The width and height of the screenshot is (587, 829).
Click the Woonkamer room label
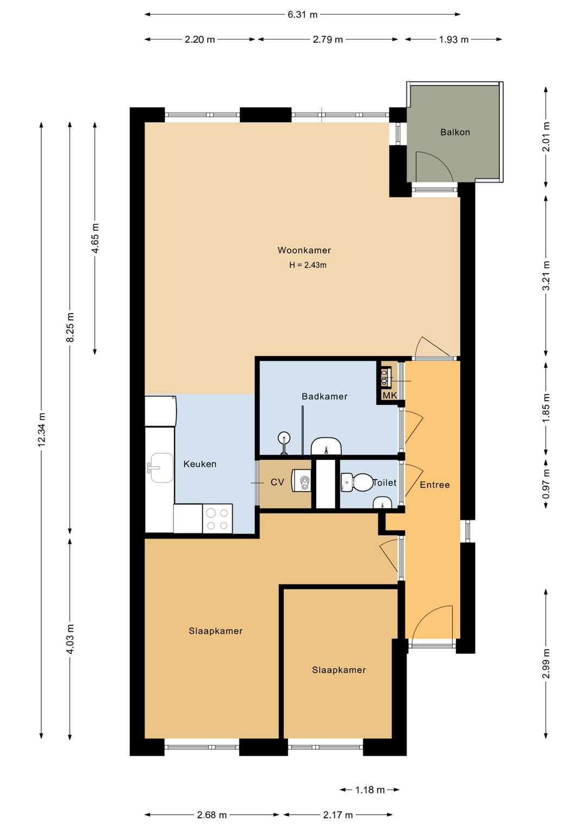pos(304,250)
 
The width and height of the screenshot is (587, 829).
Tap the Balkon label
pos(455,132)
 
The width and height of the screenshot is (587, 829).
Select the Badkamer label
pos(324,397)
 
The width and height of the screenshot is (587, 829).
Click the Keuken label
pos(199,464)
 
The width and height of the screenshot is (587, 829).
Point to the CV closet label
pos(277,482)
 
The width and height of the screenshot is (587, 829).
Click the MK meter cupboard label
pos(390,395)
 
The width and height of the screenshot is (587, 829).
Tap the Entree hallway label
pos(434,485)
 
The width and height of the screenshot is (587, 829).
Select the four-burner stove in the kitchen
pos(217,518)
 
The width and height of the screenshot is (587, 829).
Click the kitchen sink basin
pos(162,468)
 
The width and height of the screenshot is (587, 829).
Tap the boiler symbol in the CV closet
pos(302,480)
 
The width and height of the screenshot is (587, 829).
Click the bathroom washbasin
pos(326,446)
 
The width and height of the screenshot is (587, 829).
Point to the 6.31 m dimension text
pos(303,15)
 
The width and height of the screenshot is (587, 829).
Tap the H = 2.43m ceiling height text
pos(308,265)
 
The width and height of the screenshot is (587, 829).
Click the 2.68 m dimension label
pos(211,814)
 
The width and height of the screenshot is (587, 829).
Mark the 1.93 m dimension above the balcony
pos(454,39)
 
